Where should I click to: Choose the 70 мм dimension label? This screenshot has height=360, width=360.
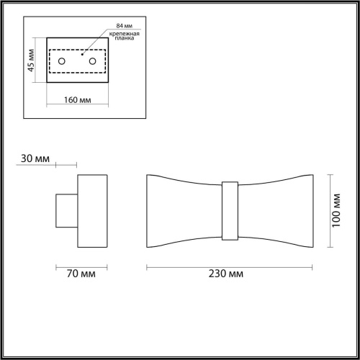[x=78, y=274]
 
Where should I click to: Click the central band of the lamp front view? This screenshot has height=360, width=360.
[x=230, y=210]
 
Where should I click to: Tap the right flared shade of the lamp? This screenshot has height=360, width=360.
[x=274, y=210]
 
